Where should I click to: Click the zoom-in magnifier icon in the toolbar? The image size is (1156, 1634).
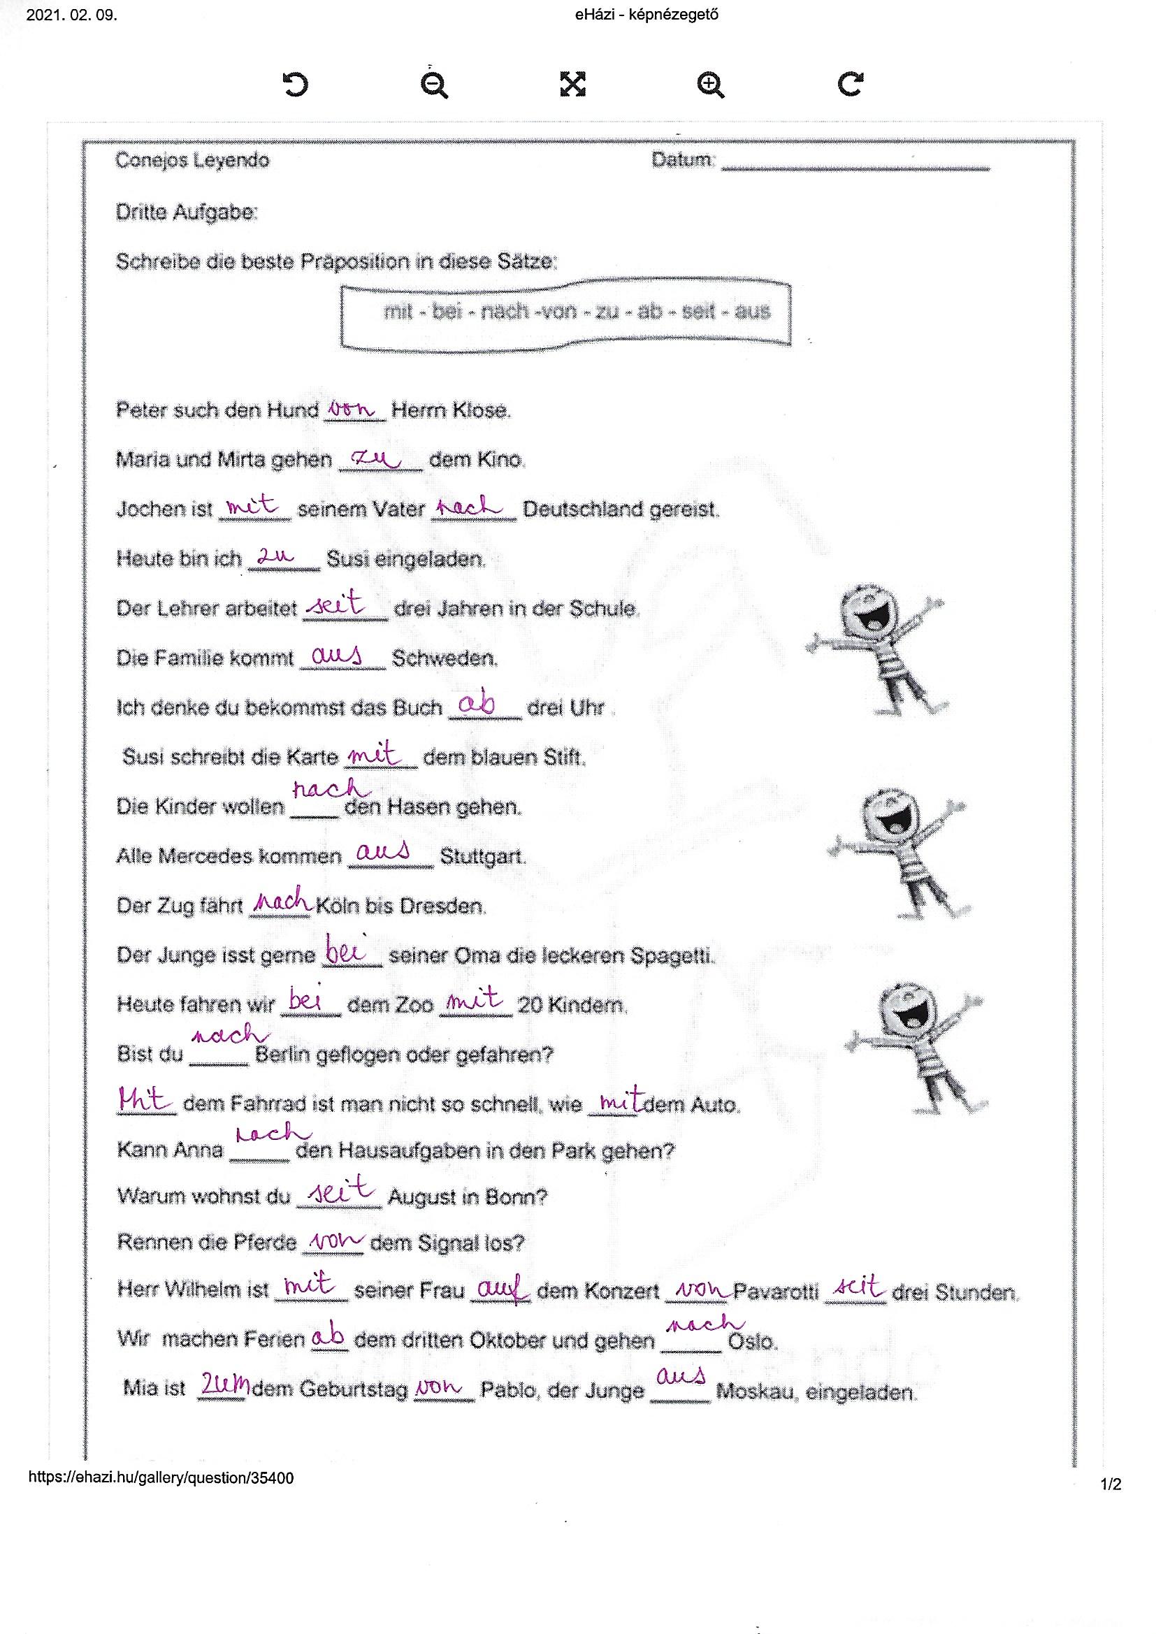coord(710,85)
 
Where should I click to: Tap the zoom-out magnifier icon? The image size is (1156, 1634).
coord(433,85)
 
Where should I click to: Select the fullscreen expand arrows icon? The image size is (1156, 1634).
coord(572,84)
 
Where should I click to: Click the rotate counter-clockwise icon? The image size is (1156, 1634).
coord(296,84)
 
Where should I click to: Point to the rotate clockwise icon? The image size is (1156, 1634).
coord(850,84)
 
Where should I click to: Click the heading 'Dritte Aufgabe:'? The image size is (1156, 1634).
coord(187,212)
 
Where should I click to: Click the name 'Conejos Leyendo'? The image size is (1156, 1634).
coord(192,160)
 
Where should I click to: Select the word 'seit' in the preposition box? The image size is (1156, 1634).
coord(698,311)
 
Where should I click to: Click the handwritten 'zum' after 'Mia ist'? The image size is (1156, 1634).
coord(225,1385)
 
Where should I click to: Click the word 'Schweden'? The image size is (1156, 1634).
coord(445,658)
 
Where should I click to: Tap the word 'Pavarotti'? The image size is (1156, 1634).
coord(776,1292)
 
